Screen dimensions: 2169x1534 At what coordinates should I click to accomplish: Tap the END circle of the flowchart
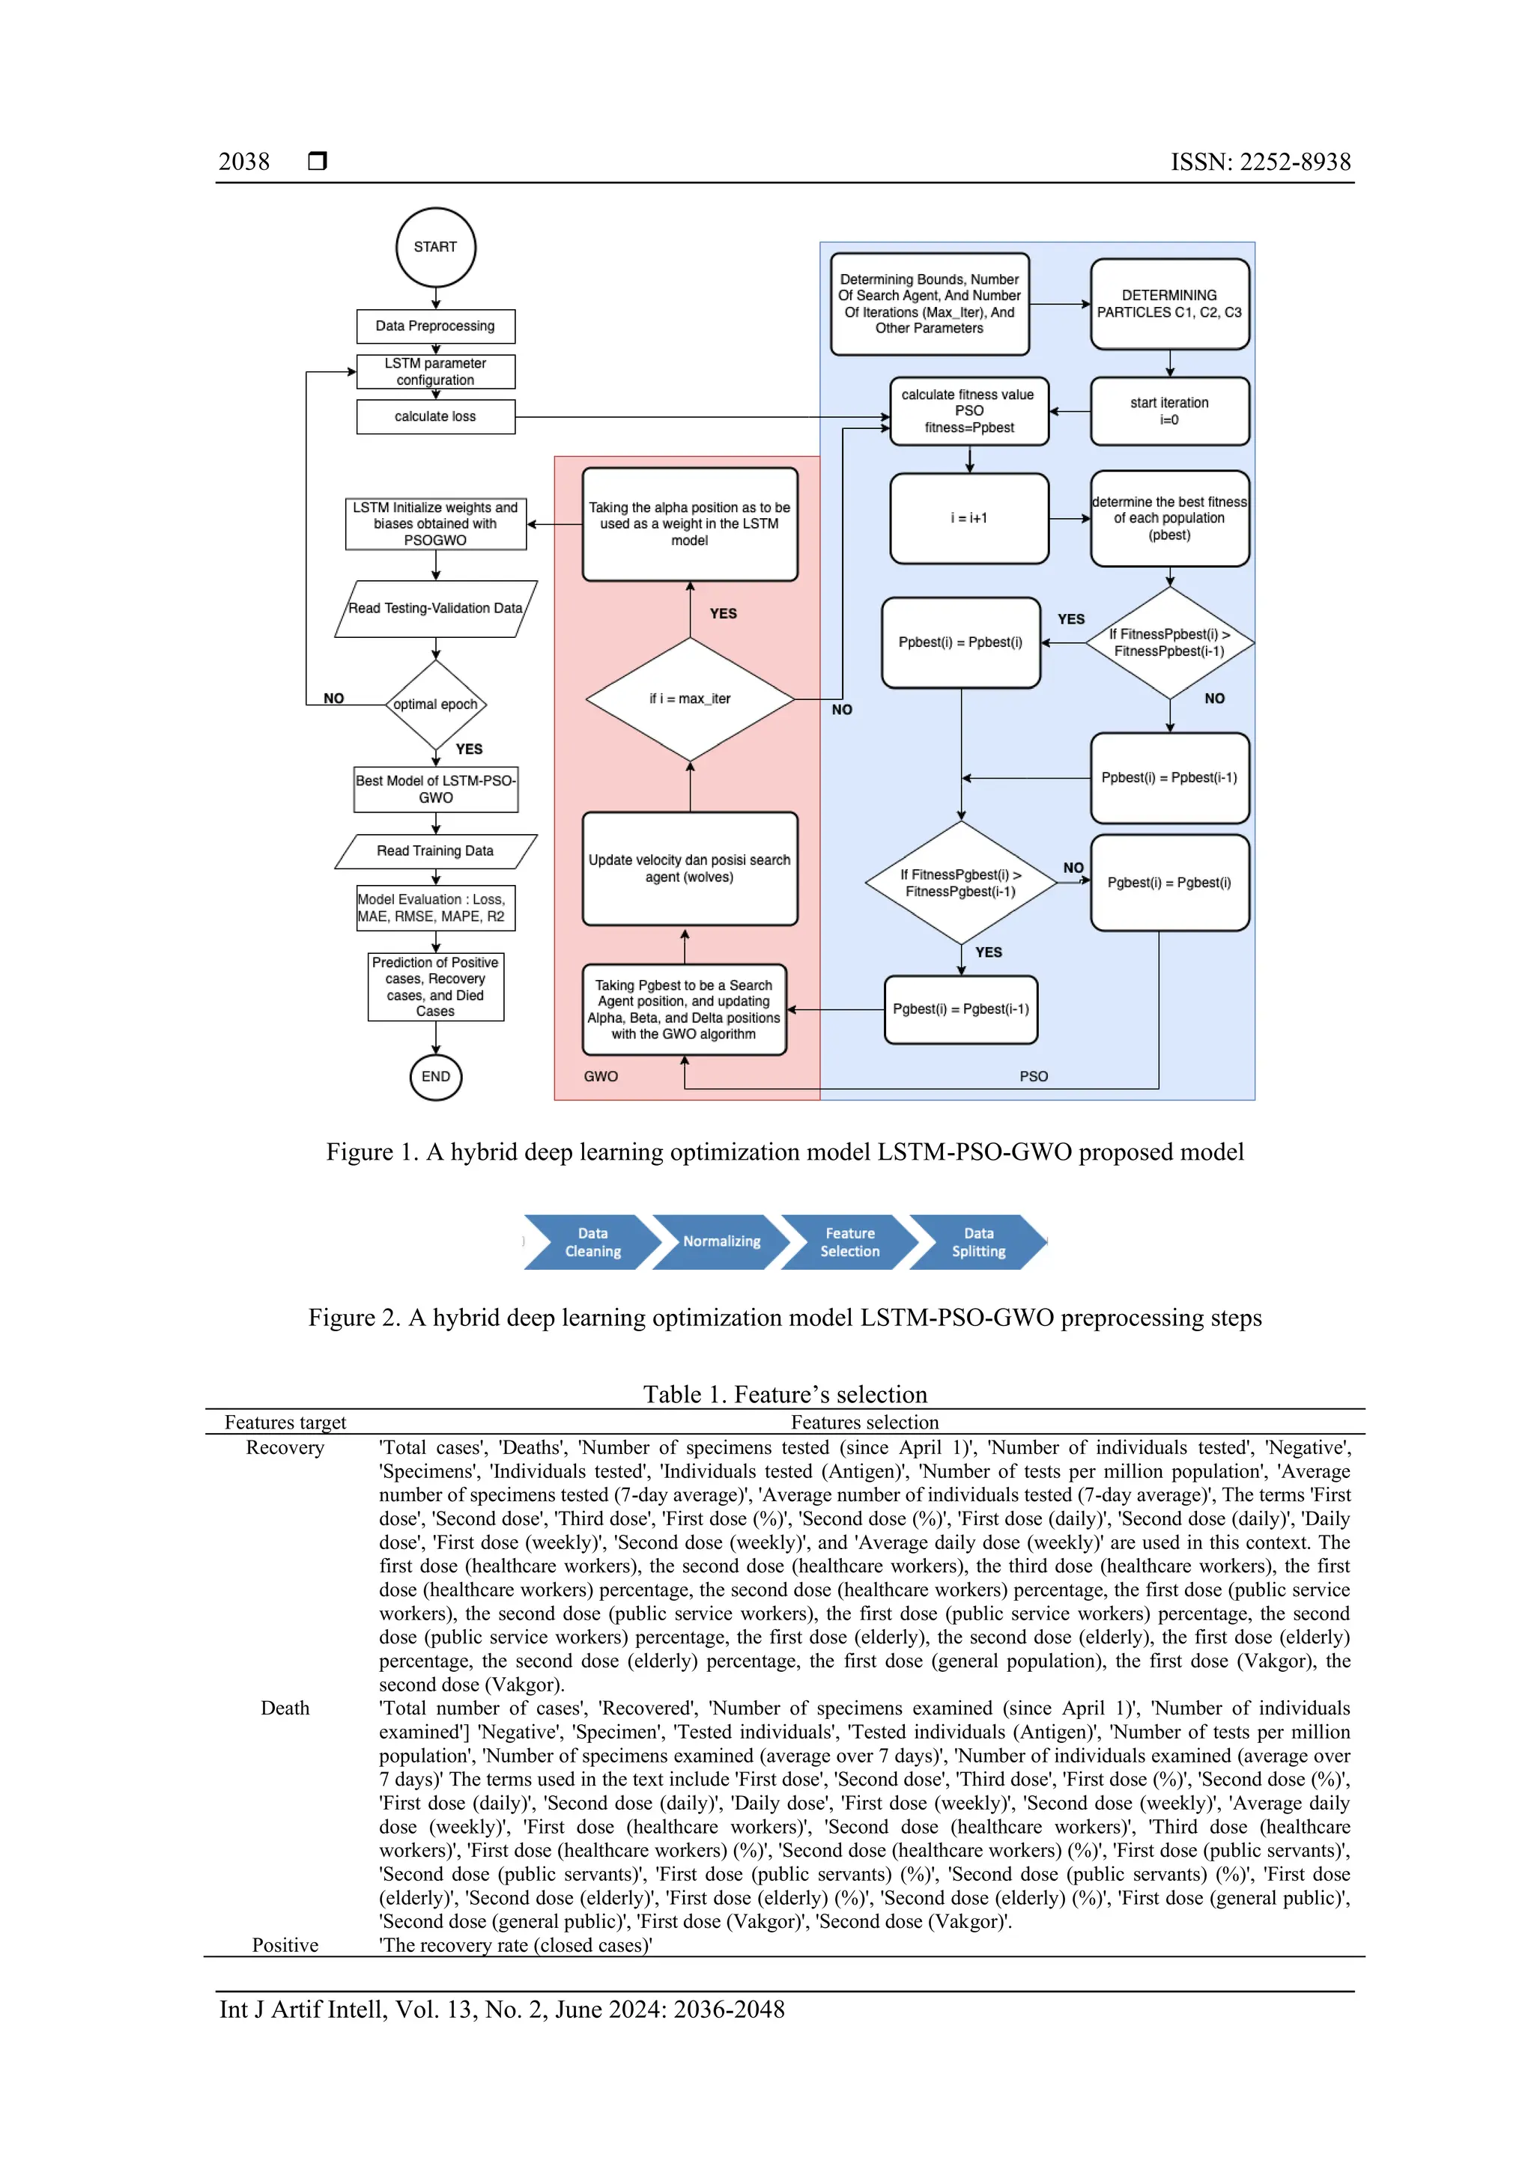(x=436, y=1077)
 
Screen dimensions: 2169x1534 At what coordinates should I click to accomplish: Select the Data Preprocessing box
(x=436, y=326)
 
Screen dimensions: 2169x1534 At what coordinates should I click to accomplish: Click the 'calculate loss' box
(x=436, y=416)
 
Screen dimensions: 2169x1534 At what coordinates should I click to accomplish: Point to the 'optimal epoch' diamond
(x=436, y=705)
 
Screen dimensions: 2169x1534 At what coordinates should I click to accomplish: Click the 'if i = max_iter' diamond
(x=690, y=699)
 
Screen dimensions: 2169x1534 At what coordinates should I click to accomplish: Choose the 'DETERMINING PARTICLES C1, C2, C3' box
(x=1169, y=304)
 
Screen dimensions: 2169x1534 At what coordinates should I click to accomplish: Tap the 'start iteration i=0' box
(x=1169, y=411)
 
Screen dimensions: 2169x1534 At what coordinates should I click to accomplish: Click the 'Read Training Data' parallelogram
(x=436, y=851)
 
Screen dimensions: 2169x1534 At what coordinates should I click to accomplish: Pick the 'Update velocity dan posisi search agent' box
(x=690, y=869)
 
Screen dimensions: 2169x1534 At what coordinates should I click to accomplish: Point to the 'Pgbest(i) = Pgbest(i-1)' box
(x=960, y=1010)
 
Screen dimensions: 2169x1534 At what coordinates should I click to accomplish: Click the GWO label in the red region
(x=601, y=1077)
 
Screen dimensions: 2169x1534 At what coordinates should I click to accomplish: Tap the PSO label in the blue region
(x=1034, y=1077)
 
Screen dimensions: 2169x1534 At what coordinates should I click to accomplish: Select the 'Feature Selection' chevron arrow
(x=849, y=1242)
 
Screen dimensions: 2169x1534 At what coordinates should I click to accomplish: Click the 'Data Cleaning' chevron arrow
(x=592, y=1242)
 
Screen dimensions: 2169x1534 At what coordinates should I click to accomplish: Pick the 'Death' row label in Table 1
(x=285, y=1708)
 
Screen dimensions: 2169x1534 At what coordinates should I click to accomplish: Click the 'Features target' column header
(x=285, y=1423)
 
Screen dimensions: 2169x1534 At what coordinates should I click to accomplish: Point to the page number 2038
(x=244, y=162)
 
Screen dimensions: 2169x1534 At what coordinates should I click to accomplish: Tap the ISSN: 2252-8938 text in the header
(x=1261, y=162)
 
